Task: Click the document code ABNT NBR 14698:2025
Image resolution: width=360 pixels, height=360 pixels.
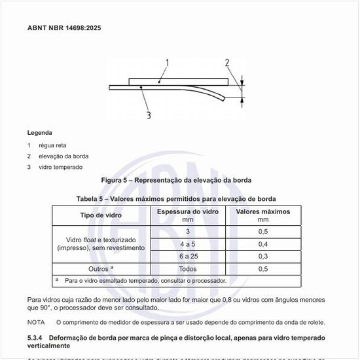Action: pos(64,28)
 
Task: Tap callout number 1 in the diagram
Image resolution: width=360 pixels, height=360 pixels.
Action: pos(168,63)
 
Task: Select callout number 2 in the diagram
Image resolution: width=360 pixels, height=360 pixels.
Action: pos(227,63)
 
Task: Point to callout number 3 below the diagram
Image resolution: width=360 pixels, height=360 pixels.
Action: pos(149,115)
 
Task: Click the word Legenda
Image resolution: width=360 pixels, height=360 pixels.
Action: pos(40,132)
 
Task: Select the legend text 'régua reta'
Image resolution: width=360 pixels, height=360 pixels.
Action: pos(52,145)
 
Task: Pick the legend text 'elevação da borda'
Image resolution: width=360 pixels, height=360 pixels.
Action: pos(63,156)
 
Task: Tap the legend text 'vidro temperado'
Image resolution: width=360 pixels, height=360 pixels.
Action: pos(61,167)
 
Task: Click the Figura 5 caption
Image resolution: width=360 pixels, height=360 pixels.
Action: pos(176,180)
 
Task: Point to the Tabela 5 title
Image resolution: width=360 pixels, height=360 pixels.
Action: pos(176,198)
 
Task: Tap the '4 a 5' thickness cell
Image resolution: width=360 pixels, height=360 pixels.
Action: pos(188,243)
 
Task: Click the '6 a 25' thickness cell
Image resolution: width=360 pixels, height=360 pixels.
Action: pos(188,256)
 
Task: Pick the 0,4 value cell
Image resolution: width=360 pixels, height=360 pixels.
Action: pos(262,243)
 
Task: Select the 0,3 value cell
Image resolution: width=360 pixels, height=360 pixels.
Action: pos(262,256)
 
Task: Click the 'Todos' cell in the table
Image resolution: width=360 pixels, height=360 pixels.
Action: pos(188,268)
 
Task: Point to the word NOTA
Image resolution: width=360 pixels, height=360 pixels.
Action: pos(36,322)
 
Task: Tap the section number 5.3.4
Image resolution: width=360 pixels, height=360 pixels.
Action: pos(37,338)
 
